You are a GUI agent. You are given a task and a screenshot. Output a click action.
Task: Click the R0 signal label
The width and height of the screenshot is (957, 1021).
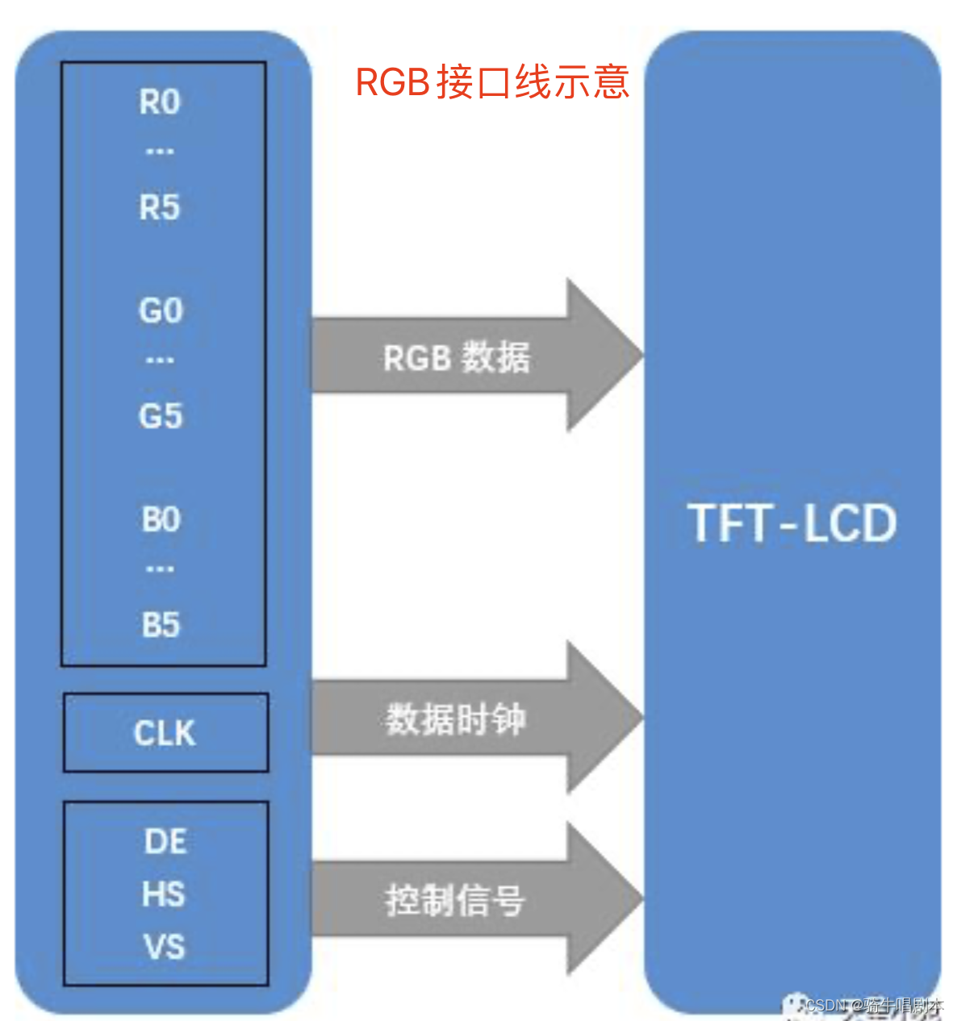[160, 102]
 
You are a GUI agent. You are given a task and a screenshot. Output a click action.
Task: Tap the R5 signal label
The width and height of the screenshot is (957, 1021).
[160, 207]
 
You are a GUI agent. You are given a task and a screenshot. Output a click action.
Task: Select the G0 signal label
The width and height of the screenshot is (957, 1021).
[161, 310]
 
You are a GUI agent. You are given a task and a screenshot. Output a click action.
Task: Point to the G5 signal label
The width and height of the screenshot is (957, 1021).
[161, 416]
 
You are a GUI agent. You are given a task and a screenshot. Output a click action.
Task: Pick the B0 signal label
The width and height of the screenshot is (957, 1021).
[161, 520]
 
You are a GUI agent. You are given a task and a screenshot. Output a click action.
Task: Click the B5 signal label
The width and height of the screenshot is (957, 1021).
[161, 625]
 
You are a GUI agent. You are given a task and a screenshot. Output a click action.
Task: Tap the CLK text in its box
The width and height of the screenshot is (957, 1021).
[165, 733]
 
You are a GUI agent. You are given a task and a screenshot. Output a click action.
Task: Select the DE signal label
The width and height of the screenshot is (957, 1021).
[165, 842]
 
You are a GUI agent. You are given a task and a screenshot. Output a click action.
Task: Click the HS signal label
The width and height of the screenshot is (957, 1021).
[164, 894]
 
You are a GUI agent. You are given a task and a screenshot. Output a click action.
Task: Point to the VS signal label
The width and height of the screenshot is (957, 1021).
[165, 947]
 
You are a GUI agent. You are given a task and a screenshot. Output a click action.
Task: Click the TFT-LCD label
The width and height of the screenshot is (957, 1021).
[792, 523]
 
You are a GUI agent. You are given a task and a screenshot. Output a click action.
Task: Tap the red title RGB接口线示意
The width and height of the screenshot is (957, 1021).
[492, 82]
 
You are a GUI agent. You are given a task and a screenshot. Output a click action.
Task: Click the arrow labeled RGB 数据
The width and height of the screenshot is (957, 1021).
[457, 357]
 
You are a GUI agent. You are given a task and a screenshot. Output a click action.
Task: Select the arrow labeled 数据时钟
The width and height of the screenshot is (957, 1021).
[456, 719]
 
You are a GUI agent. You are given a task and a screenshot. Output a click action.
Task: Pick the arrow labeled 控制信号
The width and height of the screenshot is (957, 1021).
[456, 900]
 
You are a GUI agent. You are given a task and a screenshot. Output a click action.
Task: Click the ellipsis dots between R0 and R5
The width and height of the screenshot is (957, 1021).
[160, 152]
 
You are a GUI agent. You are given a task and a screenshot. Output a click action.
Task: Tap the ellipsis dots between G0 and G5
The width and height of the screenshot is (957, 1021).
[160, 360]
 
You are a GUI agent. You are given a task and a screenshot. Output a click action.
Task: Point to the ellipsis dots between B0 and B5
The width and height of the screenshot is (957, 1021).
[160, 569]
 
